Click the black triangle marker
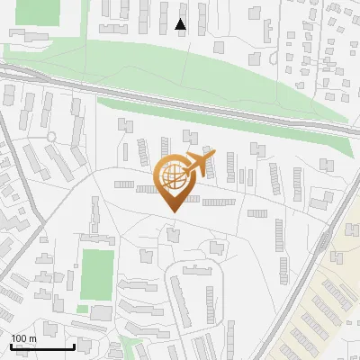181,25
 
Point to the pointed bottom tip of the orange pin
174,211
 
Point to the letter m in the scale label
32,337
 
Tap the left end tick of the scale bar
10,346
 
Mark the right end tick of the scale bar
73,346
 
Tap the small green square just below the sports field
83,310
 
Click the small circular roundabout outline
51,137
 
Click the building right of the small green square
102,313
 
